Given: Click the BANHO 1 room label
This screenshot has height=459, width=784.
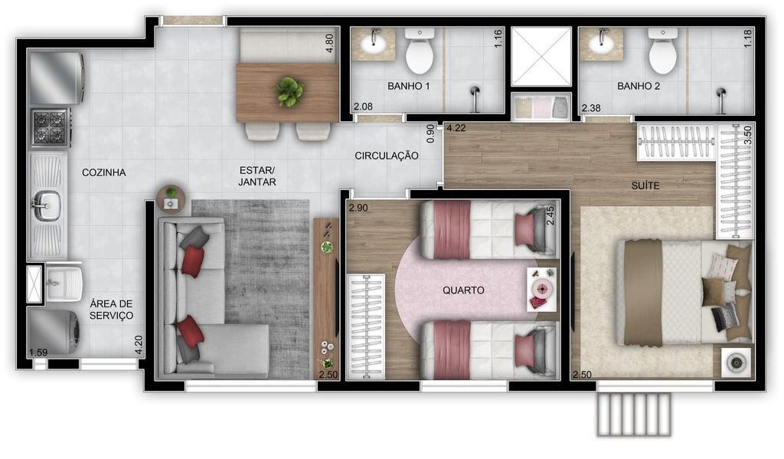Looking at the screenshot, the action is (x=409, y=86).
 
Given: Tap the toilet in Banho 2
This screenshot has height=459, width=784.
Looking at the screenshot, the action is (x=663, y=51).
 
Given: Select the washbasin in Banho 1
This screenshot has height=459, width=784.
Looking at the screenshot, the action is (x=373, y=43).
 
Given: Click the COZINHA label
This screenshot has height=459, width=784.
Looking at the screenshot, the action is (x=104, y=172).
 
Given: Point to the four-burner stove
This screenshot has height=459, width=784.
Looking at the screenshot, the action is (x=50, y=127).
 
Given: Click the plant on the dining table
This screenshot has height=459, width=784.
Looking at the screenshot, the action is (x=290, y=91).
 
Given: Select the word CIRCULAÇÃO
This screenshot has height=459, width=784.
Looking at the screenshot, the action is (x=387, y=156).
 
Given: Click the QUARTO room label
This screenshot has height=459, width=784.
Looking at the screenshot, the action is (x=463, y=290).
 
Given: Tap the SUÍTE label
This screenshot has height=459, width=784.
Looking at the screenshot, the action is (x=645, y=185).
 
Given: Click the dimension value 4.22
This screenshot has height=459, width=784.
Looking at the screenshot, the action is (x=456, y=128).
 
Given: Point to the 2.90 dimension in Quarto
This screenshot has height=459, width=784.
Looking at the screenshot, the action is (x=358, y=208).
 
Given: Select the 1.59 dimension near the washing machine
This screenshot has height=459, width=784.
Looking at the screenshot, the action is (x=38, y=352).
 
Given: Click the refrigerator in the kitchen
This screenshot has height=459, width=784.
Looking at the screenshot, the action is (x=57, y=78).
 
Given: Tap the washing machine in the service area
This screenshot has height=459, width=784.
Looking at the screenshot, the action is (x=53, y=332).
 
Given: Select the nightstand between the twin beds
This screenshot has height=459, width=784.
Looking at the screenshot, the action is (x=542, y=290).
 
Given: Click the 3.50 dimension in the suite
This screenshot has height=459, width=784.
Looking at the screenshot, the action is (x=748, y=135).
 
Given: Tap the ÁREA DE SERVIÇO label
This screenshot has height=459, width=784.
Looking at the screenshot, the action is (x=112, y=310).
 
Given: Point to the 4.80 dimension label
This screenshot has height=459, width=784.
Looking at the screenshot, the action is (x=329, y=43).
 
